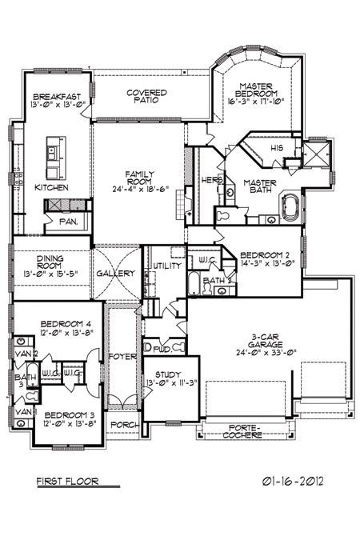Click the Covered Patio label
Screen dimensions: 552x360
[x=146, y=98]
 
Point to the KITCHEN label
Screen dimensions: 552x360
[x=51, y=187]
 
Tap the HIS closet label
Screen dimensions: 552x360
[x=277, y=149]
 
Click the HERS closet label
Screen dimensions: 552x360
[x=211, y=179]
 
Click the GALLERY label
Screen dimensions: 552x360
[x=115, y=274]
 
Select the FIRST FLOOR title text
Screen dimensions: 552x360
[x=66, y=482]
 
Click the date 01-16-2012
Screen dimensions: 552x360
[x=290, y=482]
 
